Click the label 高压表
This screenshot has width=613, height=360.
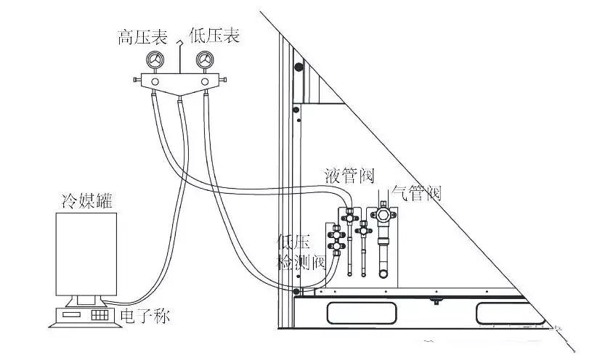tap(143, 37)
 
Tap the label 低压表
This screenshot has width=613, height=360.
tap(214, 35)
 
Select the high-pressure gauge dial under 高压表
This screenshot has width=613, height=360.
tap(155, 60)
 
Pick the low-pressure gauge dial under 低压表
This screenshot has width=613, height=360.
tap(205, 60)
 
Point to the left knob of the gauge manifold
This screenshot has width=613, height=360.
tap(137, 80)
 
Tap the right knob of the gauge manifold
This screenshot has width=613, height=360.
tap(222, 80)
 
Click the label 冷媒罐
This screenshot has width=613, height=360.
tap(87, 200)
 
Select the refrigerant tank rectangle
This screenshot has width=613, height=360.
tap(86, 254)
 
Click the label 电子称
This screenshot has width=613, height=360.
tap(145, 316)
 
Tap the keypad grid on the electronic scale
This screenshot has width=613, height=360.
tap(100, 315)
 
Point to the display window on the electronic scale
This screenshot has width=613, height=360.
tap(72, 314)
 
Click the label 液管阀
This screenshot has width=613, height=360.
tap(349, 176)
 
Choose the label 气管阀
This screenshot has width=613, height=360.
tap(417, 193)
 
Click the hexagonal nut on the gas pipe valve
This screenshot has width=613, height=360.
tap(383, 214)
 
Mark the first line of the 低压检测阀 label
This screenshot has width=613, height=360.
tap(293, 242)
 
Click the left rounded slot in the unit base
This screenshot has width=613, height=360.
tap(362, 313)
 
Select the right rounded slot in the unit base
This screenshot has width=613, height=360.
tap(510, 313)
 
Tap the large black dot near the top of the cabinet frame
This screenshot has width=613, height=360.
tap(299, 67)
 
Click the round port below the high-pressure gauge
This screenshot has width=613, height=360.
tap(155, 81)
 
